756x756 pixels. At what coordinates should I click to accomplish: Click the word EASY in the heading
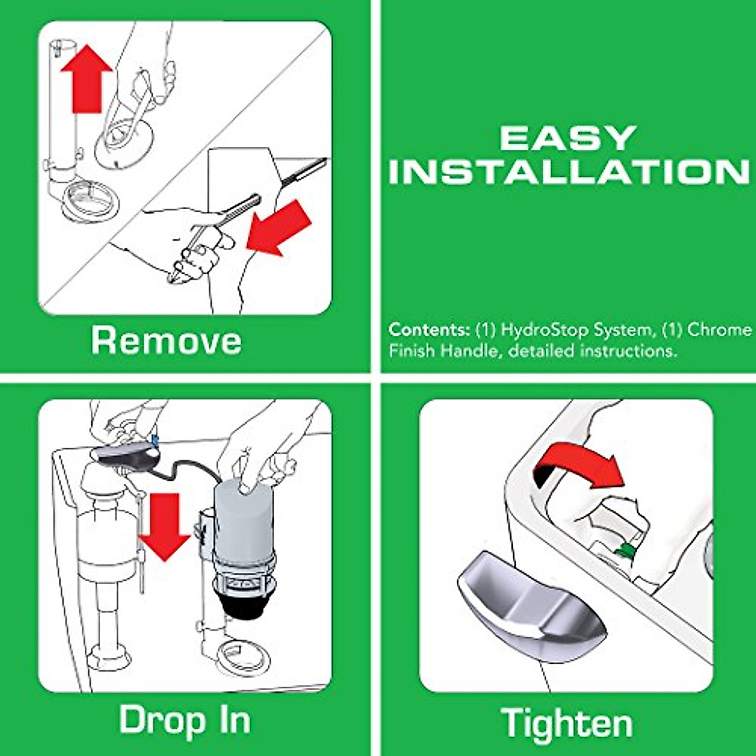coord(568,138)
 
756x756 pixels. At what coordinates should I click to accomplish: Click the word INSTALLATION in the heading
coord(569,172)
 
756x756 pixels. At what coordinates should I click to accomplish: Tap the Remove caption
coord(166,340)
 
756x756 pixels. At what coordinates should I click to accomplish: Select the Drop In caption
coord(185,719)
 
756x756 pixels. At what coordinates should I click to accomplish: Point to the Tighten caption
coord(566,722)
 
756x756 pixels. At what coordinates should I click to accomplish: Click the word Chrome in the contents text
coord(719,329)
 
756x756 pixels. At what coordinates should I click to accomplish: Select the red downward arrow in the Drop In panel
coord(164,527)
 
